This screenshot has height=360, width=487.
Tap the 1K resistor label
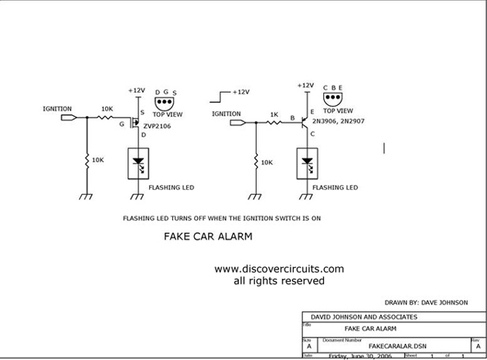pos(273,114)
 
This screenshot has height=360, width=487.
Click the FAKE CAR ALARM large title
pos(208,237)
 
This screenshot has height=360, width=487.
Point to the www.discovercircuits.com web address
pos(278,269)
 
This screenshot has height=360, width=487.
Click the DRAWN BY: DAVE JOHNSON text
pos(425,303)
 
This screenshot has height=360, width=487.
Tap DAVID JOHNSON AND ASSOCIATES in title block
pos(363,317)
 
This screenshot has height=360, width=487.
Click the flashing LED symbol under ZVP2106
pos(138,163)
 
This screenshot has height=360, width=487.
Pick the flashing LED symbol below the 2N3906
pos(307,163)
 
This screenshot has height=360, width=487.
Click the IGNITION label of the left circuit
pos(57,109)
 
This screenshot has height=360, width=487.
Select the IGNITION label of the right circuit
pos(226,114)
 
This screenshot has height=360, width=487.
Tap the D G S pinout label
pos(166,91)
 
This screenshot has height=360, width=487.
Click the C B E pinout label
pos(334,88)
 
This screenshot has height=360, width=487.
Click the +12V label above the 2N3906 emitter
pos(305,86)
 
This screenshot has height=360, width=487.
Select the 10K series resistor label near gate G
pos(107,110)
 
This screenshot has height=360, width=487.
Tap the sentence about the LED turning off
pos(222,219)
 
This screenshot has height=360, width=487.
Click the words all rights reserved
pos(278,281)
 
